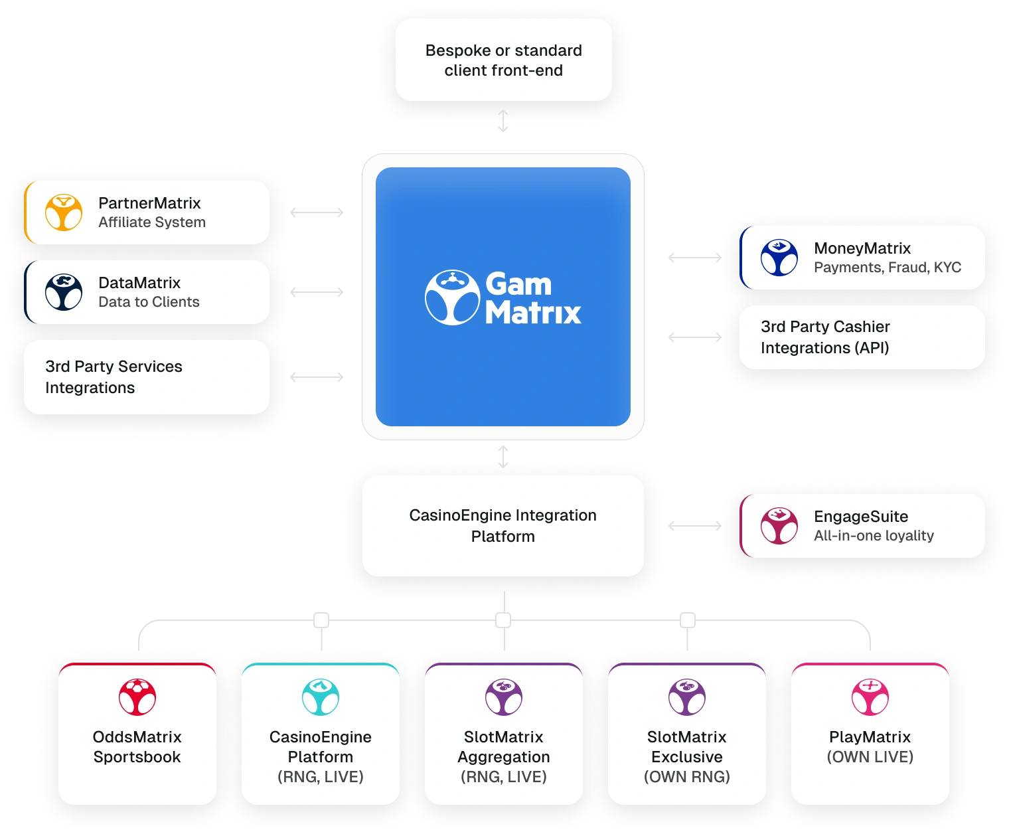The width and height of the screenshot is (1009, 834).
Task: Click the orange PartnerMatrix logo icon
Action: pos(64,212)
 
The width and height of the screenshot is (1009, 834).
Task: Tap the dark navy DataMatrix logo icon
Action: pos(64,292)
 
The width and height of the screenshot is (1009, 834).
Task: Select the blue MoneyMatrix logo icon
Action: pos(779,258)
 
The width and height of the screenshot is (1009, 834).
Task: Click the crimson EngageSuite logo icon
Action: pos(779,526)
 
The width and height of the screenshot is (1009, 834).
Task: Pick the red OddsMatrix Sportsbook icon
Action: pos(137,697)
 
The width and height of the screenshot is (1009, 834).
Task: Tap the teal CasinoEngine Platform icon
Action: pos(321,697)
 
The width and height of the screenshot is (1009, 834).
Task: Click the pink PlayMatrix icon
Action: pos(870,697)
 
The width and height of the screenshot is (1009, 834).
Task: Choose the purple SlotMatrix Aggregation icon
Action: pos(504,697)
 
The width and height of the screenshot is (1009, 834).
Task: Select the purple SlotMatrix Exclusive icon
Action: pos(687,697)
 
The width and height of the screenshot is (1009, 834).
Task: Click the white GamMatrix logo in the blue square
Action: pos(503,297)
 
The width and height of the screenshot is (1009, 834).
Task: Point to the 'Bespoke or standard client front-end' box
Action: pos(503,60)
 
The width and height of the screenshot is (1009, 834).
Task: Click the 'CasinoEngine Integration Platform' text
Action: pos(503,526)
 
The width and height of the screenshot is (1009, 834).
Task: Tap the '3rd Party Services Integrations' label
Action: pos(114,377)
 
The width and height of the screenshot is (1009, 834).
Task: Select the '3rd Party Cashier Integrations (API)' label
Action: pos(825,337)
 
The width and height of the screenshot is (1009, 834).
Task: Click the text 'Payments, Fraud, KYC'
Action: pos(888,268)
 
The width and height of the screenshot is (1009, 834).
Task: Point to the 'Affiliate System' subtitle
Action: pos(152,222)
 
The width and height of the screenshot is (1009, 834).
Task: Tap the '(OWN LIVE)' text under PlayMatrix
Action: pos(870,757)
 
